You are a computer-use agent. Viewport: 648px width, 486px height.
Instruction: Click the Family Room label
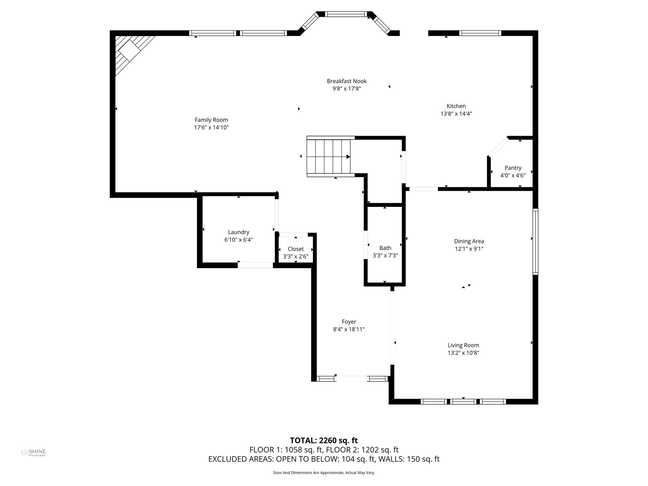point(211,120)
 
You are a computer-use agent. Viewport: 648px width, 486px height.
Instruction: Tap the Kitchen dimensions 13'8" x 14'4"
point(456,114)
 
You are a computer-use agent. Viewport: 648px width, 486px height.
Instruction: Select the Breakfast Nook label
point(346,81)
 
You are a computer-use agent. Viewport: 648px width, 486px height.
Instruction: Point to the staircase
point(329,157)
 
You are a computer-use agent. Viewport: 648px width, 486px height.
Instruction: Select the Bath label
point(385,248)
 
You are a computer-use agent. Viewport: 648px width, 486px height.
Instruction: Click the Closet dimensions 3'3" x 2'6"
point(296,257)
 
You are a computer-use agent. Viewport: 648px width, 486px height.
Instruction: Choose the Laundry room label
point(239,232)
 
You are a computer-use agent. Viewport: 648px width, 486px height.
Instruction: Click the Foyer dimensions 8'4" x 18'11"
point(349,329)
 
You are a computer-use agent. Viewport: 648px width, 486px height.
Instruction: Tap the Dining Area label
point(469,241)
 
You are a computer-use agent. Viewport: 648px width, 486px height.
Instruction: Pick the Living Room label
point(463,346)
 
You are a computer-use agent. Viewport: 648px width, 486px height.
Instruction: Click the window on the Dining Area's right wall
point(535,242)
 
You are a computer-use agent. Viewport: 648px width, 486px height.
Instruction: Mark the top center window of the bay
point(346,14)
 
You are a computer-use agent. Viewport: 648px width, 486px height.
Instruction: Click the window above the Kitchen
point(480,33)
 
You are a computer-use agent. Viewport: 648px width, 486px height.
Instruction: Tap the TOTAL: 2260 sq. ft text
point(324,440)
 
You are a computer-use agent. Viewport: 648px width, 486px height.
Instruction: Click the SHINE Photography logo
point(33,453)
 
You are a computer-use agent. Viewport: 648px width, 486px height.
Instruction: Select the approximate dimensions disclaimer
point(324,473)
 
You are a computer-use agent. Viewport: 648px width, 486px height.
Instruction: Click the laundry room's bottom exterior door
point(255,265)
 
